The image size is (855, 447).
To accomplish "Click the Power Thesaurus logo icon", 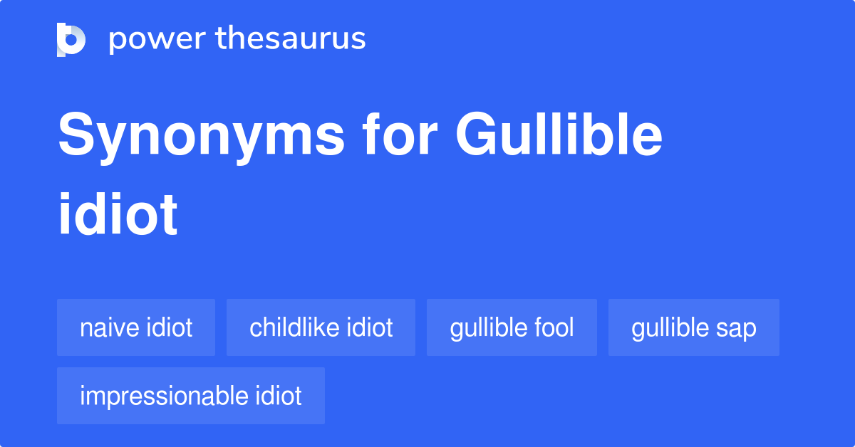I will (x=71, y=39).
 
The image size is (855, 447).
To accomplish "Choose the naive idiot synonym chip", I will (x=136, y=327).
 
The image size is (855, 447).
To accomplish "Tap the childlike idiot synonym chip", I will (x=321, y=327).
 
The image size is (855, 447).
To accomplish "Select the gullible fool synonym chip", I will (x=512, y=327).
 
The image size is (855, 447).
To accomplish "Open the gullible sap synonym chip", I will (x=693, y=327).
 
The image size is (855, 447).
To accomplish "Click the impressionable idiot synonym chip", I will (x=190, y=396).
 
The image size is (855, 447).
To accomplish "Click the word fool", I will (x=554, y=327).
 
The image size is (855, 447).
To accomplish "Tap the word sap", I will (x=737, y=328).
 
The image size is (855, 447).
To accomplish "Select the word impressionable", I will (x=164, y=396).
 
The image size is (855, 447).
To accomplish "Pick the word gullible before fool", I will (x=488, y=327).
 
